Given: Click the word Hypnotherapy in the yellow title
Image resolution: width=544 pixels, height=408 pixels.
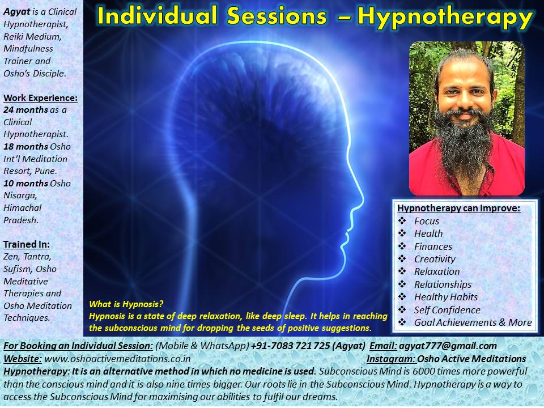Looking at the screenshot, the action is click(445, 16).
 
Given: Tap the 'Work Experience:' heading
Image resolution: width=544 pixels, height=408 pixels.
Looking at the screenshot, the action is click(41, 98).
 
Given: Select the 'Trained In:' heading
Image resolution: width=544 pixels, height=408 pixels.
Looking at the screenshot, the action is click(27, 245).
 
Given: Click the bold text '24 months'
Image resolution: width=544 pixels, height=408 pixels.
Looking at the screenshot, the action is click(25, 110).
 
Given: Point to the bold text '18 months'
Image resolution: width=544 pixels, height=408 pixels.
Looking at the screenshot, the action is click(25, 147).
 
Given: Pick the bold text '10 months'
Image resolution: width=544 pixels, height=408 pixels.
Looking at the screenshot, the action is click(25, 184).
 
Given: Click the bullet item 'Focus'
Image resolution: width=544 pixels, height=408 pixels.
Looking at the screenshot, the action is click(426, 221).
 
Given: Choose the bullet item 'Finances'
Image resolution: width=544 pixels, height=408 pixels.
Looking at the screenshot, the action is click(433, 246).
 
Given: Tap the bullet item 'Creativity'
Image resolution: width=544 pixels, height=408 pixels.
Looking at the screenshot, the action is click(435, 259).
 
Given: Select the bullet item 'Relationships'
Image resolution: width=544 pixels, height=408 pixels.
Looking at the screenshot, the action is click(443, 284).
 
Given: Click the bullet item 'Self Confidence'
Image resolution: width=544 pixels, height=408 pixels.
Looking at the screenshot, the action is click(447, 310).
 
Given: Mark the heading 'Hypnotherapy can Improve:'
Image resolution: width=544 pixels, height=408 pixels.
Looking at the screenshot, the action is click(458, 208).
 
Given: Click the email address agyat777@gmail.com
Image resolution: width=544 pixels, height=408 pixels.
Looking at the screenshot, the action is click(448, 346).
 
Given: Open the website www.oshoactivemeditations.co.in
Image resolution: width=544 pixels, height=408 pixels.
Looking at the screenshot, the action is click(117, 359).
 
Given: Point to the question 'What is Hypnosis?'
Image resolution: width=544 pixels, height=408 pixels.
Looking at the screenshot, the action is click(126, 304).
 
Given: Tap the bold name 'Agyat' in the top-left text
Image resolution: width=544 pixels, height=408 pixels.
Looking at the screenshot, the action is click(16, 12).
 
